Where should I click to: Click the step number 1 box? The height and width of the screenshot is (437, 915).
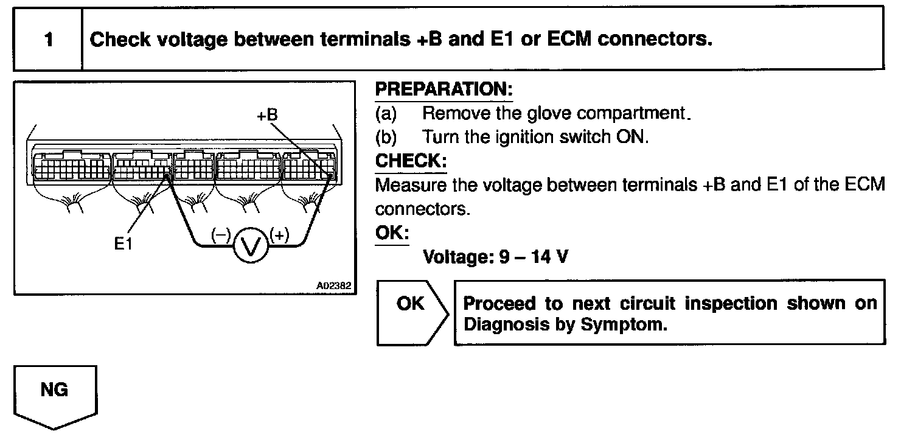tap(47, 40)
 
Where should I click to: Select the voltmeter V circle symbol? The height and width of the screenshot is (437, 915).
tap(251, 245)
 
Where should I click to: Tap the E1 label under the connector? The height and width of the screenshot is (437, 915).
tap(124, 244)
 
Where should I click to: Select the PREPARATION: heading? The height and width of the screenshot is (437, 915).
tap(444, 89)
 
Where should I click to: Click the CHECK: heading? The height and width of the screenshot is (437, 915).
tap(411, 161)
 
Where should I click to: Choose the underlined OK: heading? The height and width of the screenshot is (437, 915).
tap(392, 233)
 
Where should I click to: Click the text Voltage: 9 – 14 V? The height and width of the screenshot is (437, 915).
tap(496, 257)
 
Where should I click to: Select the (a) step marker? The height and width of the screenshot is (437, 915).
tap(386, 113)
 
